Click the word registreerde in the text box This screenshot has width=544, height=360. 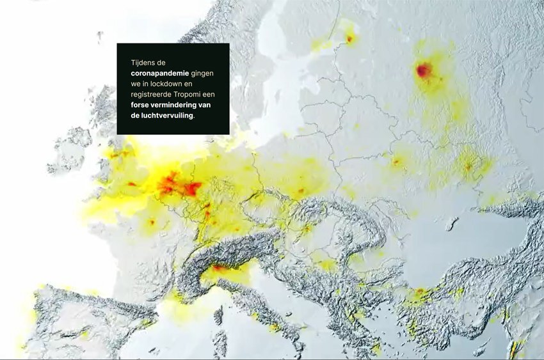tap(151, 94)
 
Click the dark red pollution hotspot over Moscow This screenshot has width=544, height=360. tap(424, 70)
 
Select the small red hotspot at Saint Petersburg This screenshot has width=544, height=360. tap(349, 38)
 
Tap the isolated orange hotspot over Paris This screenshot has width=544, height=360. tap(152, 222)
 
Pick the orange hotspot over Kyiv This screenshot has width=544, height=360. tap(397, 162)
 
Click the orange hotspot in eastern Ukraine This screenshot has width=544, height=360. tap(468, 167)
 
